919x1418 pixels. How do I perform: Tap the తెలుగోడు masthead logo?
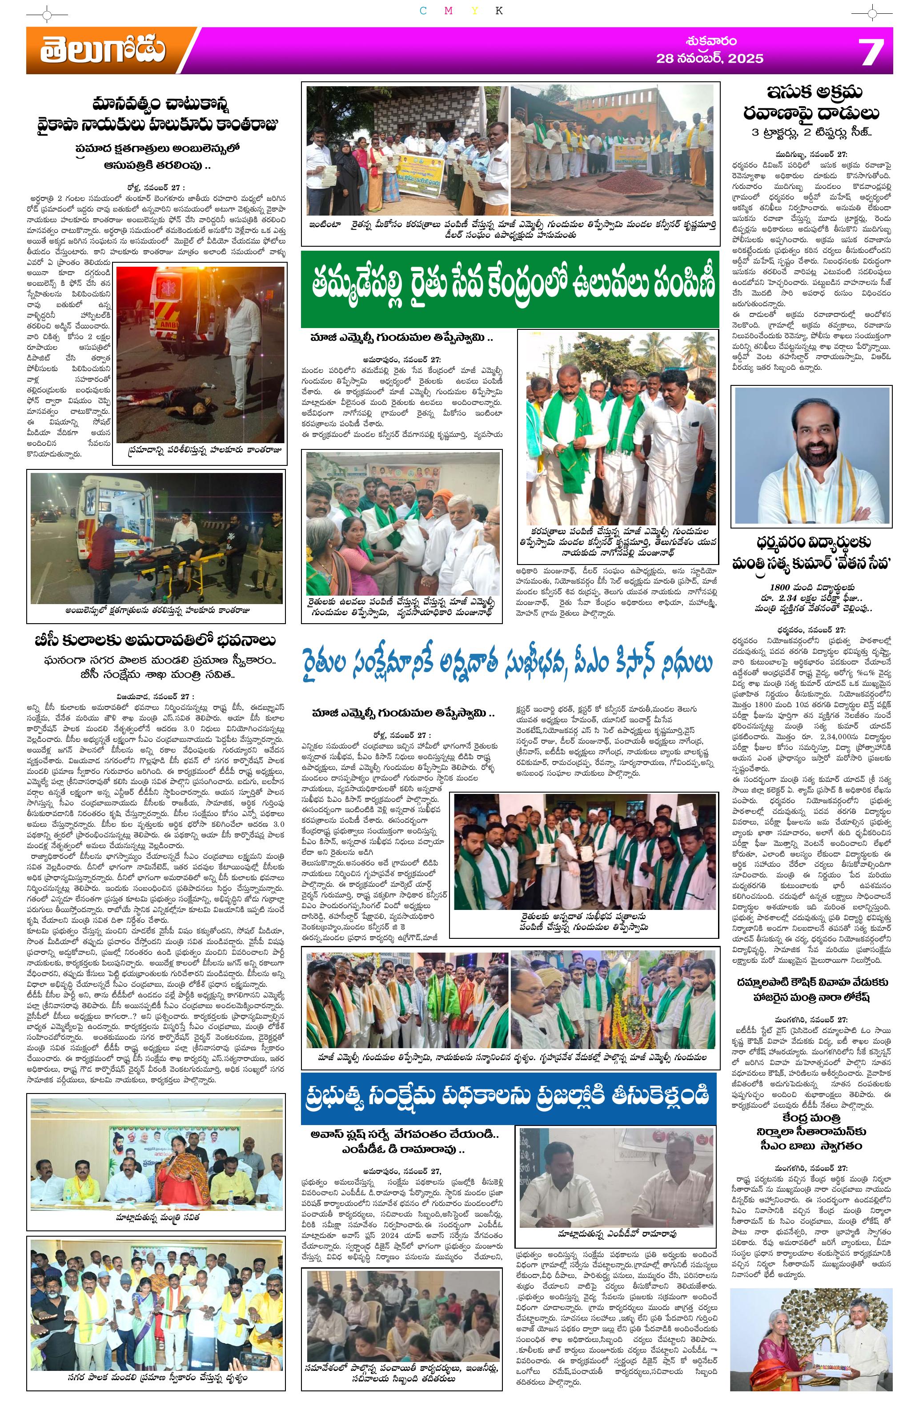pos(103,51)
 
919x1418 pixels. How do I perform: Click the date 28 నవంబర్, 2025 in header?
pos(710,58)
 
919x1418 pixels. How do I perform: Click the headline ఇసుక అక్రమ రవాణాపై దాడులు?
pos(811,103)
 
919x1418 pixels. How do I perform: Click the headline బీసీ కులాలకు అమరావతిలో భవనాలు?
pos(156,641)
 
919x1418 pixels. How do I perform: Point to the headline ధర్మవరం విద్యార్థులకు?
pos(811,542)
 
